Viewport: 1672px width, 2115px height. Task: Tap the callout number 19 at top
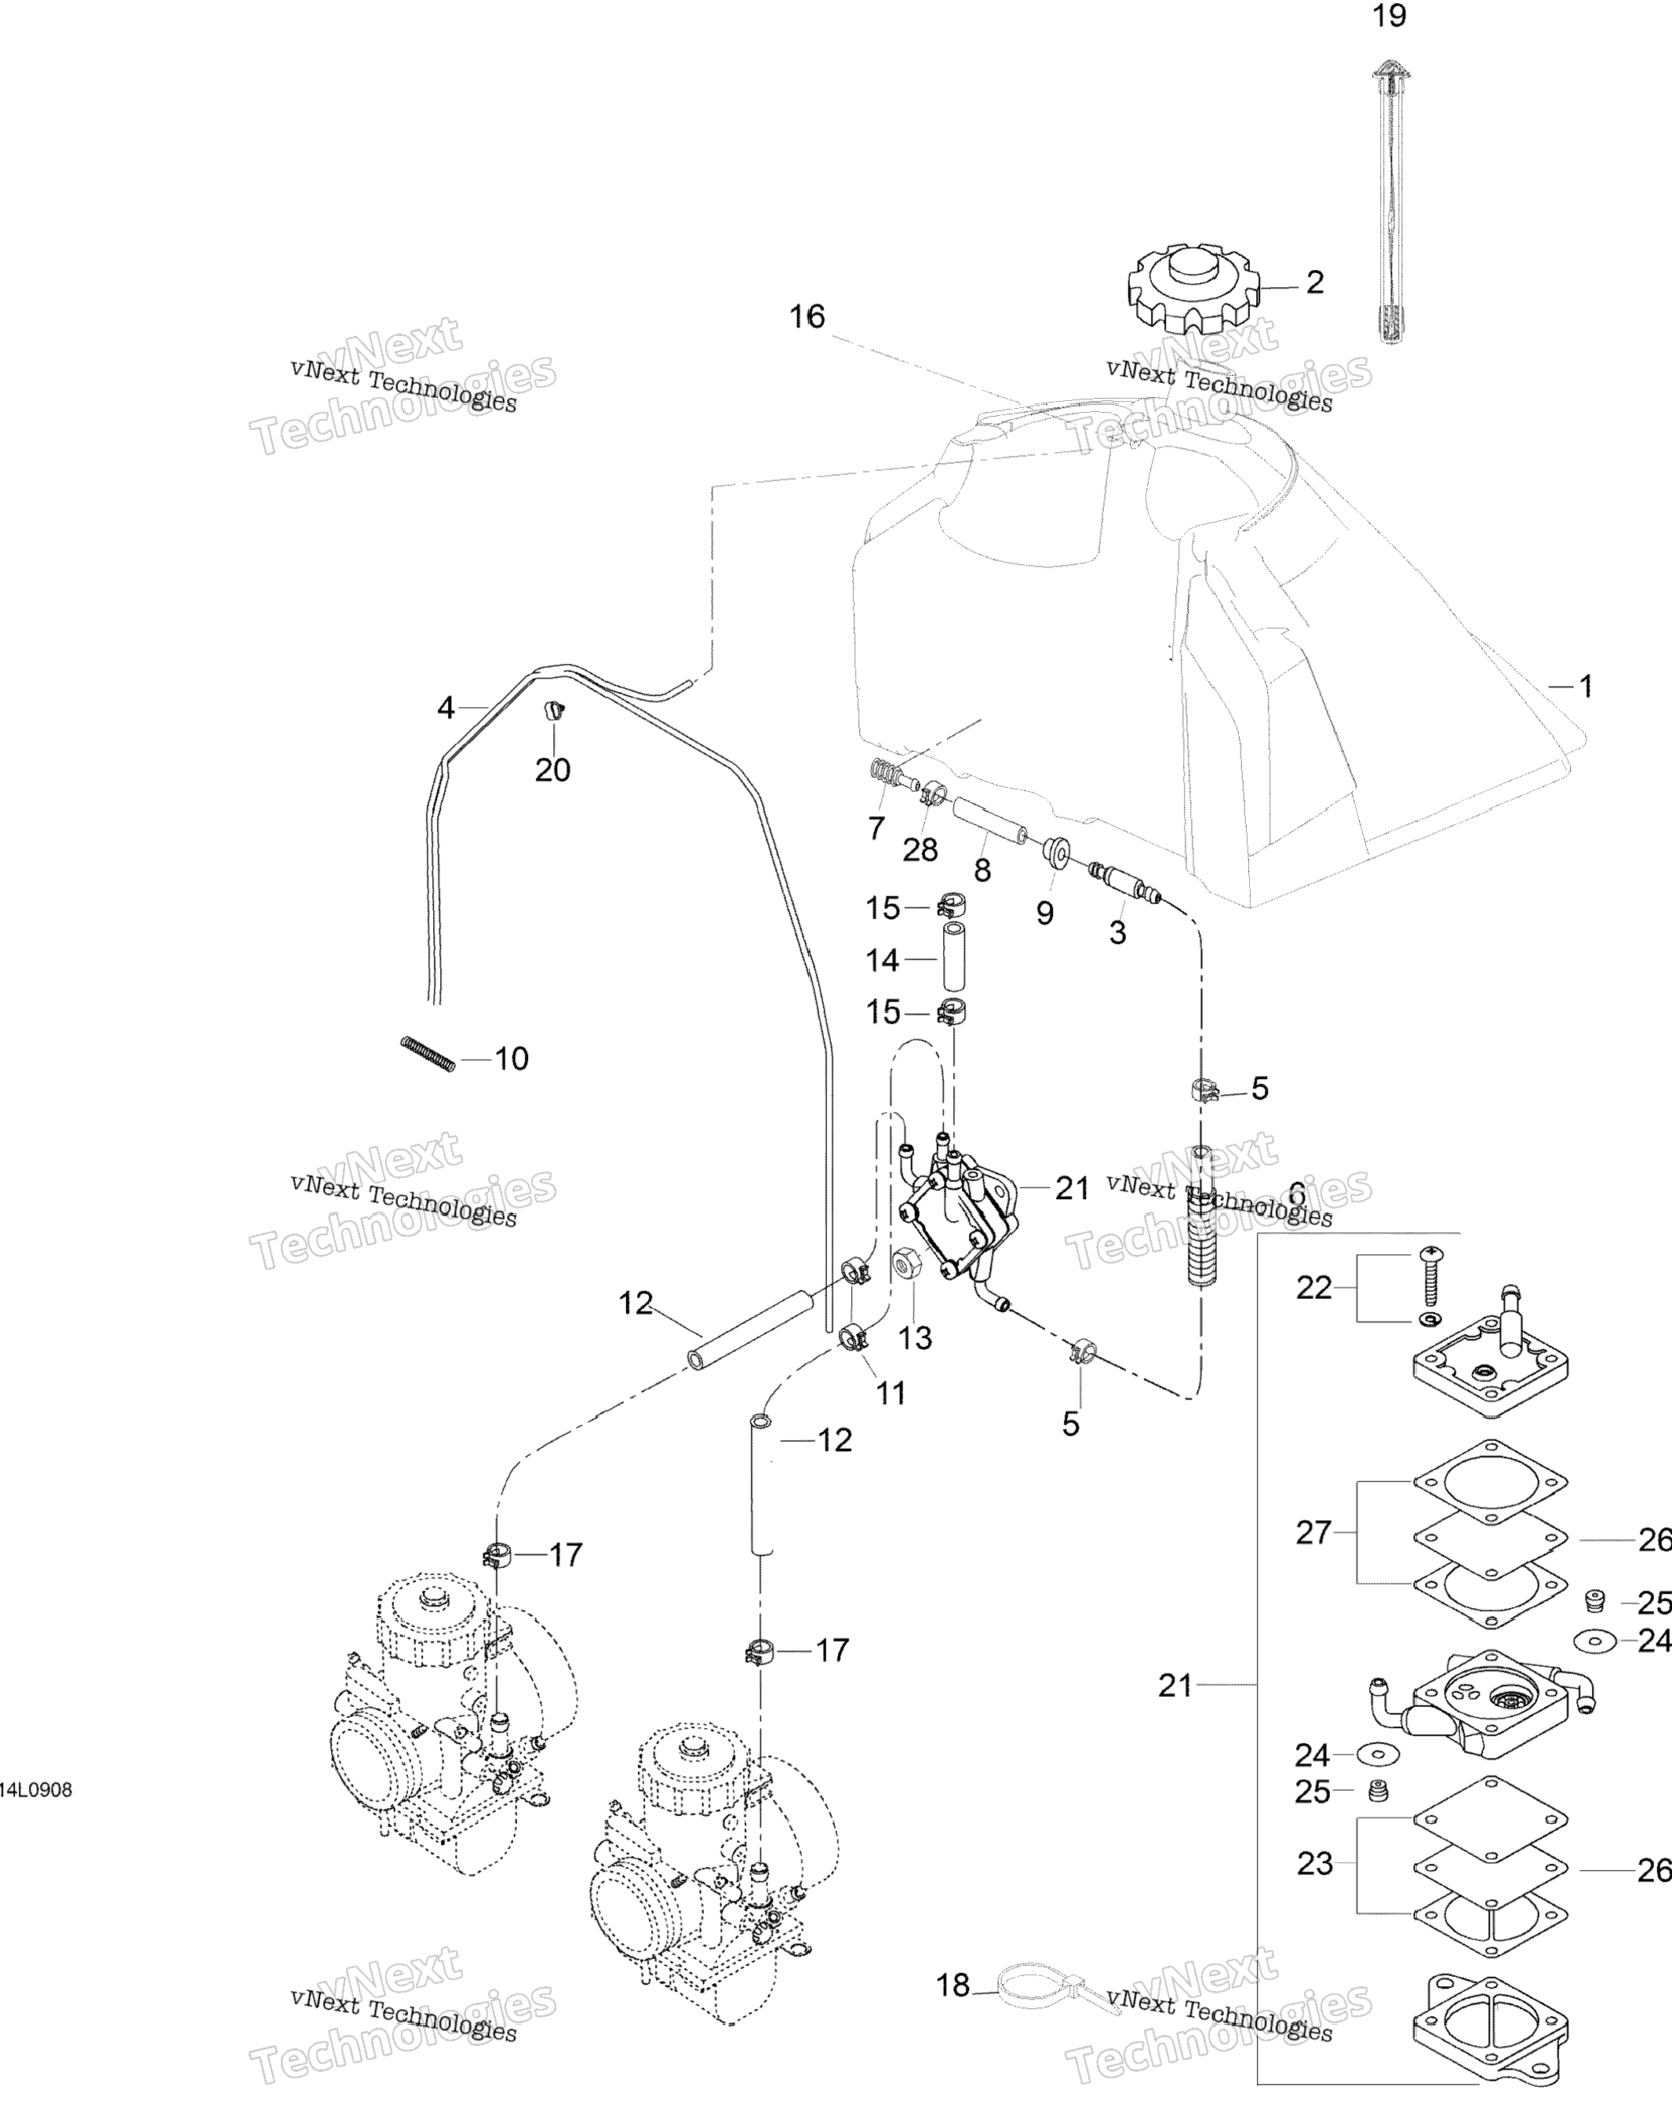(x=1389, y=16)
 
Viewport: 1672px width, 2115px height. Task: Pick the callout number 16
(x=807, y=316)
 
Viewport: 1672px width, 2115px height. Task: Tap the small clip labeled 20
(x=555, y=710)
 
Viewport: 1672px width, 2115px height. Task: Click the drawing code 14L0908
(x=35, y=1791)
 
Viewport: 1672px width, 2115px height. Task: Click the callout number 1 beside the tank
(x=1586, y=687)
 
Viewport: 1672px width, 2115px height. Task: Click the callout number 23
(x=1315, y=1863)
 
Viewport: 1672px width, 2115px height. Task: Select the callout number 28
(x=920, y=850)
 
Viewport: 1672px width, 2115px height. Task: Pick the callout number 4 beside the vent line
(x=446, y=707)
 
